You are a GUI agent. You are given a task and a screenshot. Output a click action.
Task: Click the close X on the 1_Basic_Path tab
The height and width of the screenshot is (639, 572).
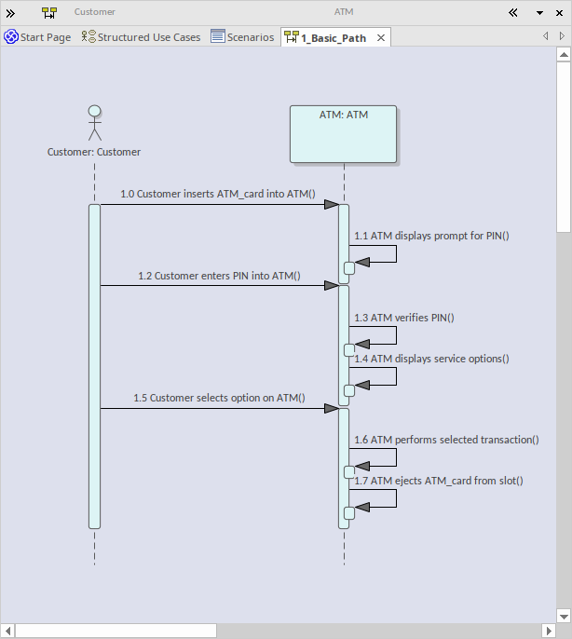[380, 37]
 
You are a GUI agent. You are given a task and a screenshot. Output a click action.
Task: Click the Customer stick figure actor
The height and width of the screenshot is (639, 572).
[94, 124]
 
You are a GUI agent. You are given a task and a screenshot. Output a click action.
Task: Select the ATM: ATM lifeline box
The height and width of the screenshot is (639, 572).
[344, 134]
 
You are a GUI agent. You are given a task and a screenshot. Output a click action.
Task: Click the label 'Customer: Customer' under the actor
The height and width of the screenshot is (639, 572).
[94, 152]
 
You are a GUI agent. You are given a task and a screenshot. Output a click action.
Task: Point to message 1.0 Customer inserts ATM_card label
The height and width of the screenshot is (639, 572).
[217, 195]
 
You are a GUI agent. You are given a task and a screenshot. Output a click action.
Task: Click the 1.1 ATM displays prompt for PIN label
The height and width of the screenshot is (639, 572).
[431, 236]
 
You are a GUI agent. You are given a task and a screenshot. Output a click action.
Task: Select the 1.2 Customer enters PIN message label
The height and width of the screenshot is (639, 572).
[219, 276]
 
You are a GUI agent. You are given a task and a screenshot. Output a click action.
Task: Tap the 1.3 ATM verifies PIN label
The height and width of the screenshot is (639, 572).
[403, 318]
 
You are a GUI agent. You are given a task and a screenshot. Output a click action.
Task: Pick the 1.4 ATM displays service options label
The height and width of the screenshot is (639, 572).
[431, 359]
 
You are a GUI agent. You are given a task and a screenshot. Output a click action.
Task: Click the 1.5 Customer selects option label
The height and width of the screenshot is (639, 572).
[219, 398]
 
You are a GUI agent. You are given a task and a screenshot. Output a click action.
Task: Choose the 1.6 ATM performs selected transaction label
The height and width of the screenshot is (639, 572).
[446, 439]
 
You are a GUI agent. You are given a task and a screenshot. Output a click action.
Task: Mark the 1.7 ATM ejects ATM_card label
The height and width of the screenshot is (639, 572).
[439, 481]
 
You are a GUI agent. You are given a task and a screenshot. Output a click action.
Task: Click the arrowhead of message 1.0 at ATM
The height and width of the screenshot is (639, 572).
[331, 204]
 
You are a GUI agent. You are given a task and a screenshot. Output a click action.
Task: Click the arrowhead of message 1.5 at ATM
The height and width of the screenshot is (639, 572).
[331, 408]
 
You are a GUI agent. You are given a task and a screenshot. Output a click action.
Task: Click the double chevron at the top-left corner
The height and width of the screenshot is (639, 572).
[10, 13]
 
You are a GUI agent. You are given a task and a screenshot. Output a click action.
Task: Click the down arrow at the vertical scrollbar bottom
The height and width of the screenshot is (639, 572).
[564, 616]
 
